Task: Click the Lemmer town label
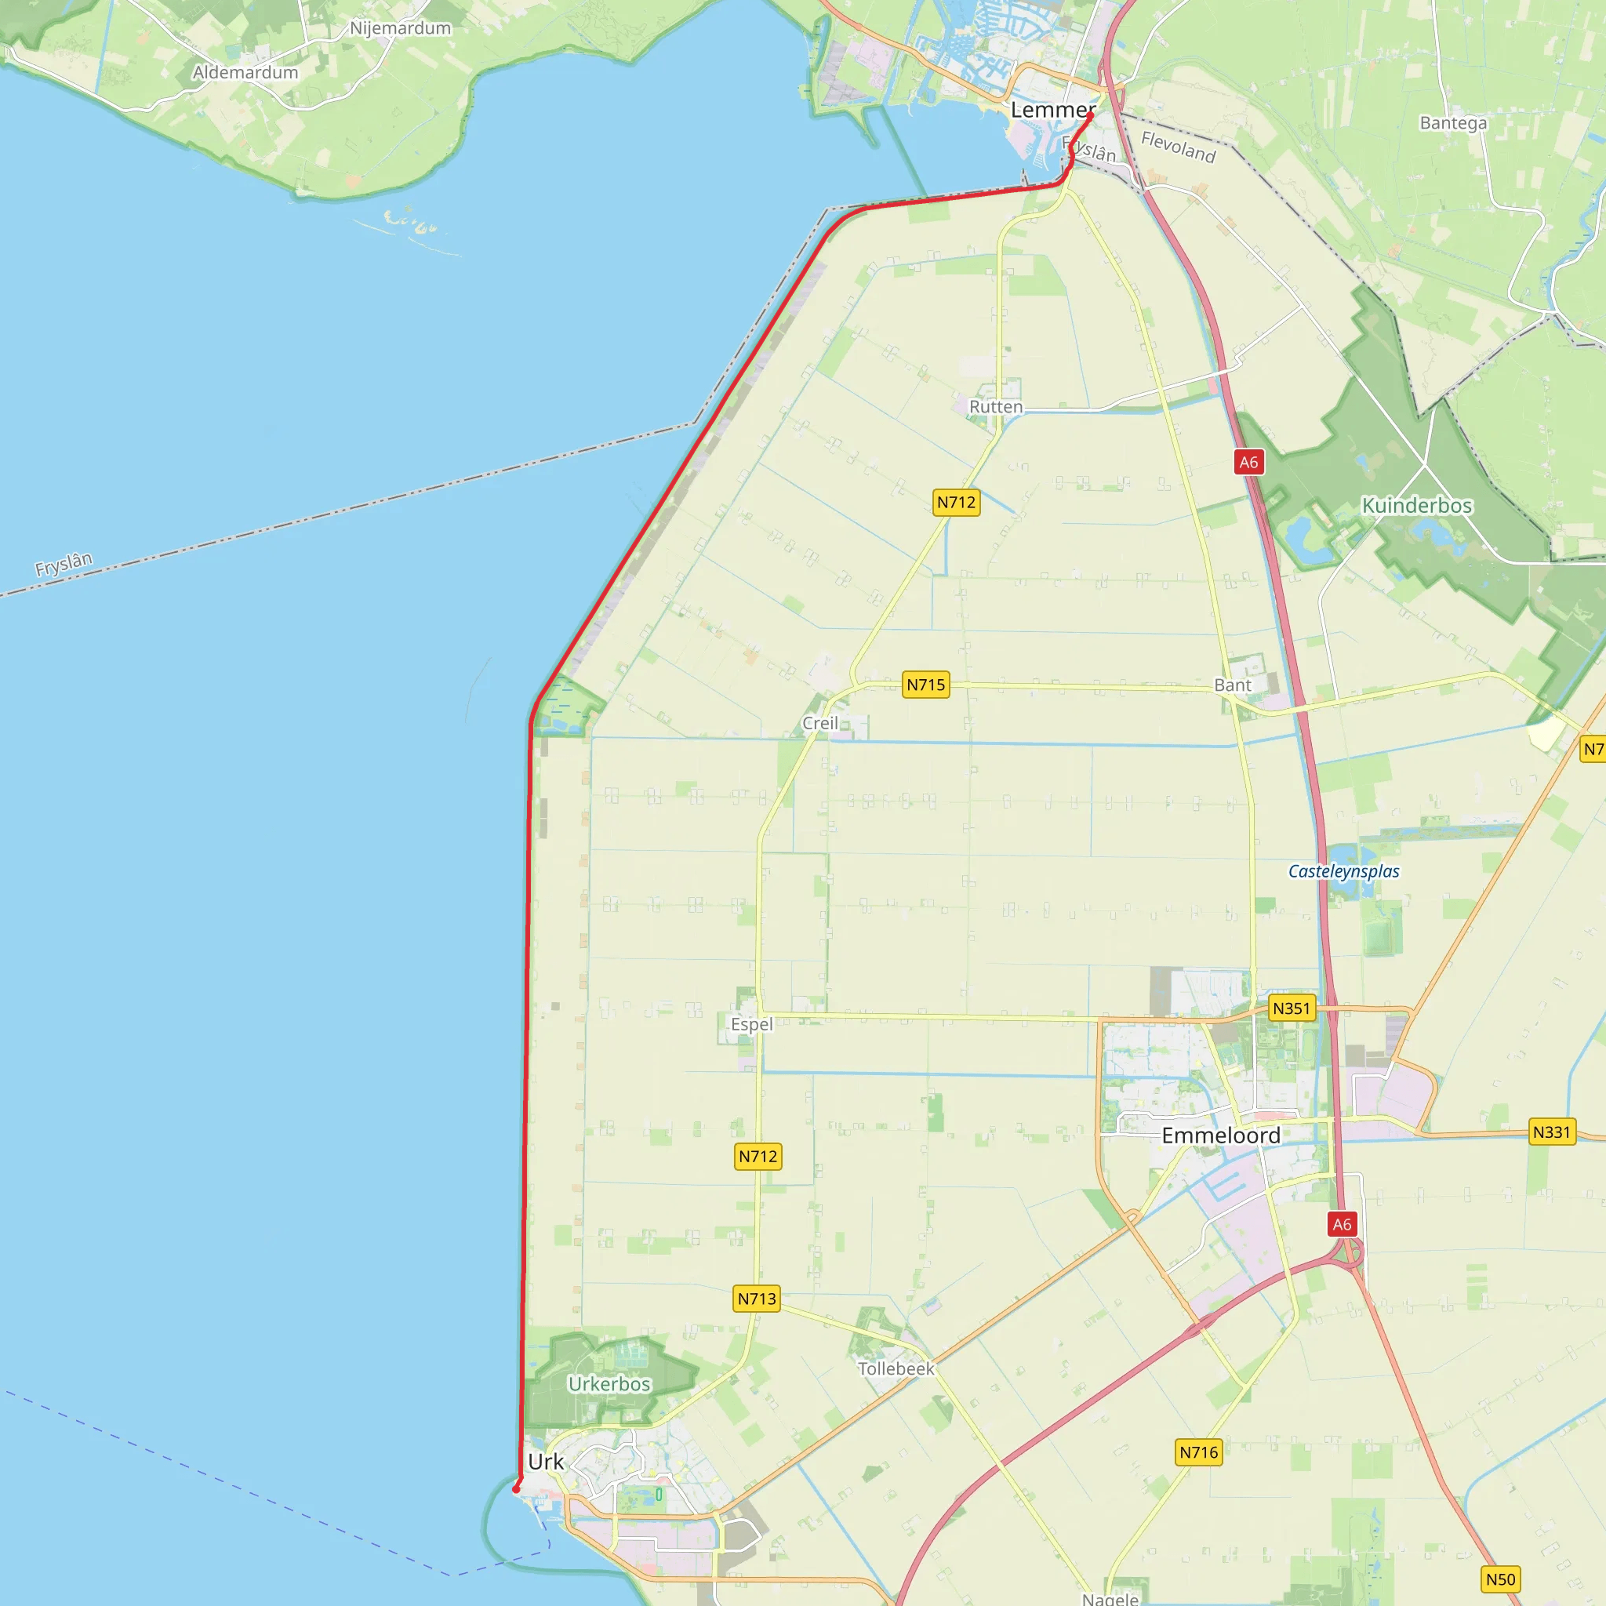[1052, 110]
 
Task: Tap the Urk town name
[545, 1462]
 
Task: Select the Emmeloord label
[1220, 1135]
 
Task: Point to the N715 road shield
[925, 685]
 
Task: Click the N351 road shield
[1291, 1008]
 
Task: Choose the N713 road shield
[757, 1299]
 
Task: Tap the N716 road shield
[1199, 1452]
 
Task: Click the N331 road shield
[1551, 1132]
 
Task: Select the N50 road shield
[1500, 1579]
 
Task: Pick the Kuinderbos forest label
[1416, 506]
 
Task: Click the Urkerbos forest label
[609, 1384]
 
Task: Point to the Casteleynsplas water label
[1343, 871]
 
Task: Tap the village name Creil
[819, 723]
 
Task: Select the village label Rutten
[996, 406]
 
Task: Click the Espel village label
[751, 1024]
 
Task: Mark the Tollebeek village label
[896, 1368]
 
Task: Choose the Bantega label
[1453, 123]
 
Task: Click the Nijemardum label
[400, 28]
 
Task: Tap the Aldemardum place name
[245, 72]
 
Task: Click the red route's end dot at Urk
[516, 1489]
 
